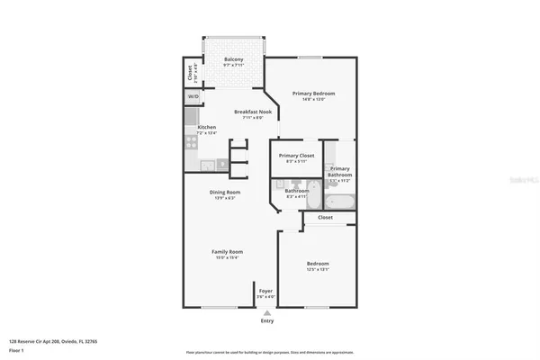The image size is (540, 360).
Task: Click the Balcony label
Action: click(233, 59)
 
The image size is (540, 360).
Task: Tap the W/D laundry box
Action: click(193, 96)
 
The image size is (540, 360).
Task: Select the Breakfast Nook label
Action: click(247, 112)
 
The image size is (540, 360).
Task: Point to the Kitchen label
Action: click(206, 128)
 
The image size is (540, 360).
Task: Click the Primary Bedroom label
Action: click(310, 94)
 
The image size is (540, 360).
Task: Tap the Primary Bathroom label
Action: click(339, 171)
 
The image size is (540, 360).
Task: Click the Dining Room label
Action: click(225, 192)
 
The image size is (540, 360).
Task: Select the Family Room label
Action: click(227, 251)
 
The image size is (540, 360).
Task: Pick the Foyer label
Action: click(265, 291)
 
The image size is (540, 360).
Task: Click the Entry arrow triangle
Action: click(266, 312)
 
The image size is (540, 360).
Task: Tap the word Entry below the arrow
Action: click(267, 321)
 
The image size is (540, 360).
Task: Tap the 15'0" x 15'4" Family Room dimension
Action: click(227, 257)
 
